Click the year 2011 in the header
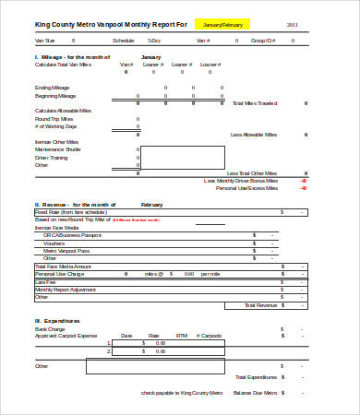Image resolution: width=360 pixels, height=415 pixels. [x=293, y=24]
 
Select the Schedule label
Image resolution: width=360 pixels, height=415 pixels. [x=123, y=41]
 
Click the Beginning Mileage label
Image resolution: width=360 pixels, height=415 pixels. [x=55, y=96]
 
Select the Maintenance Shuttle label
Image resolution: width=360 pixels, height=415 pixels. [x=58, y=149]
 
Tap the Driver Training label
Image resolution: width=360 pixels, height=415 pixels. [x=53, y=157]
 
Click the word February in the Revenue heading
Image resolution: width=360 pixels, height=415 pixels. [x=152, y=204]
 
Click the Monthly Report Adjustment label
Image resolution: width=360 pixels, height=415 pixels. [x=64, y=290]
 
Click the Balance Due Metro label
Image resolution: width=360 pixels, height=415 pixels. [x=253, y=392]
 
